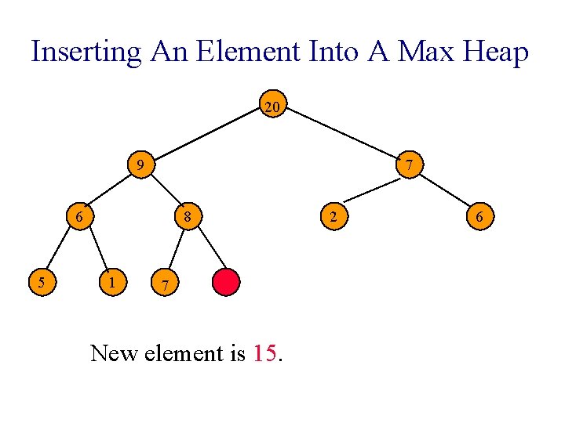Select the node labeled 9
pos(140,165)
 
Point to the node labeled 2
pos(334,215)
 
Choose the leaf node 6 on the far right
pos(479,215)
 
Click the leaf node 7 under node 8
pos(163,282)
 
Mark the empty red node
pos(226,282)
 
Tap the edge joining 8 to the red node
pos(207,248)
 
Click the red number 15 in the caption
pos(265,353)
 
